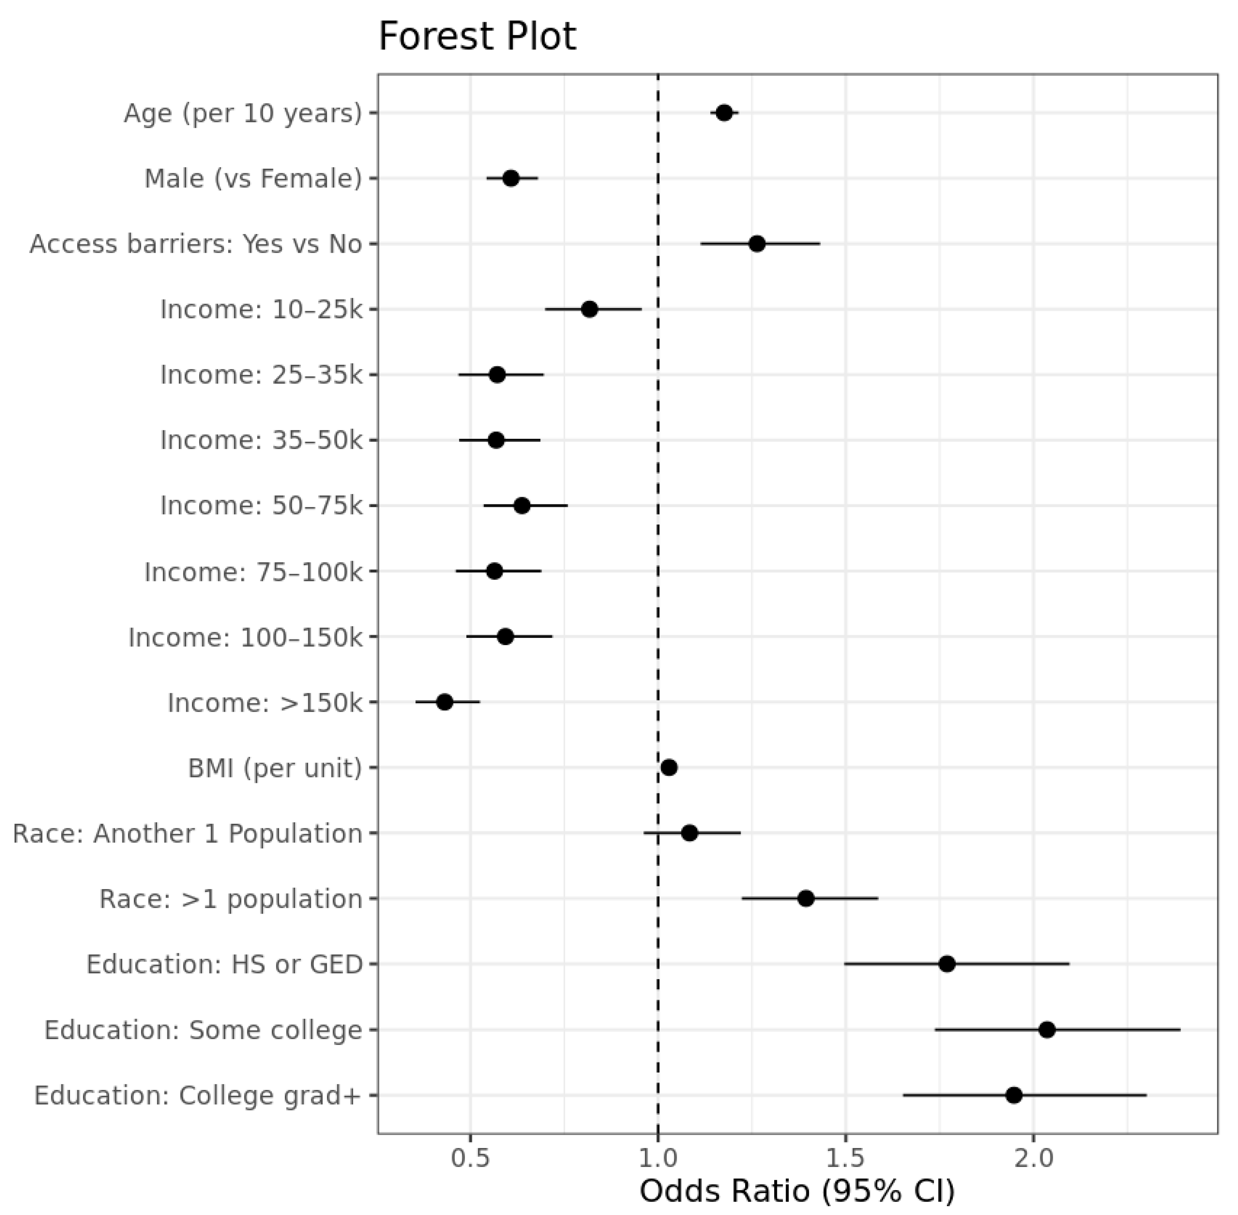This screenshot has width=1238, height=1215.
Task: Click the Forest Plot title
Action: [477, 36]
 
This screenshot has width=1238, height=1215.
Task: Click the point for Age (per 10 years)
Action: [724, 113]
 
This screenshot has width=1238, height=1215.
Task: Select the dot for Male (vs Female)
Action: [511, 178]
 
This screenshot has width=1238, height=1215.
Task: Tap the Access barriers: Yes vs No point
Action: [757, 244]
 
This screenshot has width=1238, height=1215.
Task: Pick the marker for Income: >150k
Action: [445, 702]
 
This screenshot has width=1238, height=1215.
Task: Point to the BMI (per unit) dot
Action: [668, 768]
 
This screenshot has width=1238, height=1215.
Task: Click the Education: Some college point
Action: [1047, 1029]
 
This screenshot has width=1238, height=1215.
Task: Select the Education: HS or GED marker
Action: [947, 964]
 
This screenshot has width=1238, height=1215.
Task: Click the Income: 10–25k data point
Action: [589, 309]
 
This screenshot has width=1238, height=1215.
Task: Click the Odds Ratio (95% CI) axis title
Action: [797, 1191]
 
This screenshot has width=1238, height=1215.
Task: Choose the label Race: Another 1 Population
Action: [187, 833]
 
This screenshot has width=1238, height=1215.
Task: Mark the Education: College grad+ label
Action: [198, 1095]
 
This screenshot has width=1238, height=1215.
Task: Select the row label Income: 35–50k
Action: [261, 440]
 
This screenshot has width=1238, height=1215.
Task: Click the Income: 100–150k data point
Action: [505, 637]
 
